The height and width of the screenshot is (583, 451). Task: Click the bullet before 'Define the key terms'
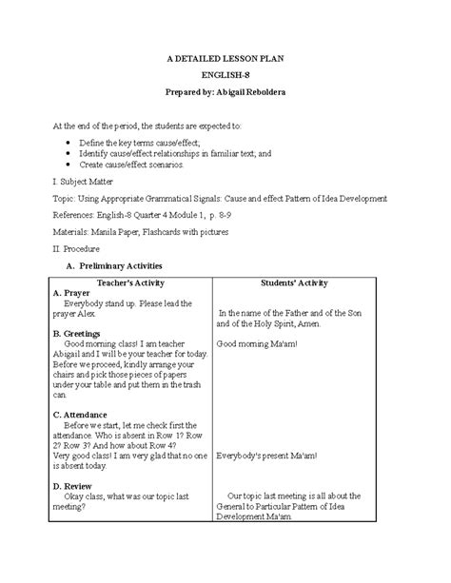[69, 140]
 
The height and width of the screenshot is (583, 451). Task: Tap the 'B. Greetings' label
[76, 334]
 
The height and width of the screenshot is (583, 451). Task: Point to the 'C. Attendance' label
[81, 415]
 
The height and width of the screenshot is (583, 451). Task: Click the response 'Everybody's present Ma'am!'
[265, 457]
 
